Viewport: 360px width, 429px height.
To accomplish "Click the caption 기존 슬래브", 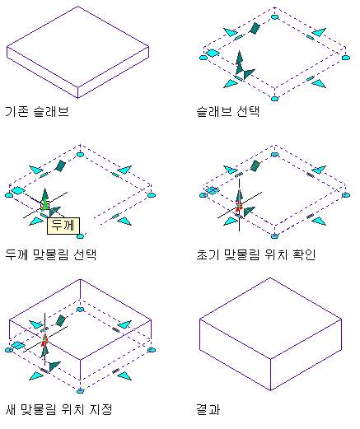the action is (x=37, y=112).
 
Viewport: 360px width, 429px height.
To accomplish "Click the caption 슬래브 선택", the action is (x=228, y=112).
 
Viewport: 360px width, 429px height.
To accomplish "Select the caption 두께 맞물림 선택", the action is (x=51, y=255).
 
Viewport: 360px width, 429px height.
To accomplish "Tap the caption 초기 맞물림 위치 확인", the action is (x=256, y=255).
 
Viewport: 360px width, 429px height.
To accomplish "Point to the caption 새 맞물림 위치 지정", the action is (x=58, y=410).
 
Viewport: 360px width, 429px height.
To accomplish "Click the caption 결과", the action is (x=208, y=410).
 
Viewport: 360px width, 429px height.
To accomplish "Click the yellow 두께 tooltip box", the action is (x=63, y=226).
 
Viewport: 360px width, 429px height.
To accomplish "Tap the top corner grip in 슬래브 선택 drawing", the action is (x=274, y=17).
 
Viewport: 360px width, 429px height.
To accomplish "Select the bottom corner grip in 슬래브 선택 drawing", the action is (x=274, y=99).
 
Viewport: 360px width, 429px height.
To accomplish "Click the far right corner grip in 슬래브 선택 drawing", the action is (x=346, y=58).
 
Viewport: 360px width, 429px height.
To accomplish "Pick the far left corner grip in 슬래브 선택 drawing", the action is (x=203, y=58).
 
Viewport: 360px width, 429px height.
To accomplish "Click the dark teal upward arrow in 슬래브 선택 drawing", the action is (x=240, y=62).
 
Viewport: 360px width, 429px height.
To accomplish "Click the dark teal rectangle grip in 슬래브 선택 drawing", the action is (x=255, y=28).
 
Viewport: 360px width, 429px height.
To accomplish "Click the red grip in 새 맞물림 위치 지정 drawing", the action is (x=44, y=341).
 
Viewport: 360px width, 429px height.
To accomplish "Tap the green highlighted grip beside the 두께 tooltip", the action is (x=45, y=206).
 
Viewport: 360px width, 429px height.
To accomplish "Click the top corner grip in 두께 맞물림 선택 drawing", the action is (x=80, y=155).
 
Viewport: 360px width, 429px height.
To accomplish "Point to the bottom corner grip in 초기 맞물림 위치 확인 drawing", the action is (x=274, y=236).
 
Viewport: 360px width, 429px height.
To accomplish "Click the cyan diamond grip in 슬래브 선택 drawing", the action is (x=213, y=53).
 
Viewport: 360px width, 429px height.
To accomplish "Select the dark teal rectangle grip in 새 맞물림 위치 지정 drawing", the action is (x=60, y=320).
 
